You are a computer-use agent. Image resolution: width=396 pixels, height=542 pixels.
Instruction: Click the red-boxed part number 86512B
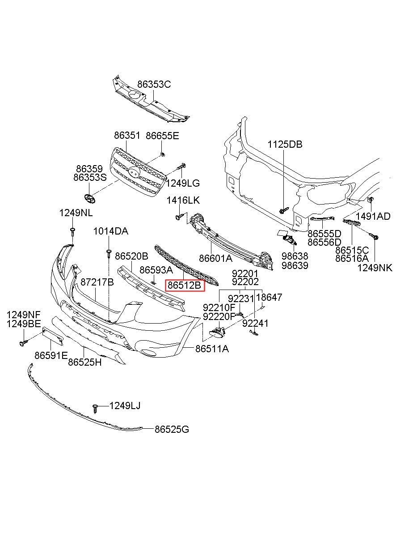185,285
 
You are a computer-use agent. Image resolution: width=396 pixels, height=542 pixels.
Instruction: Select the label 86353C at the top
154,84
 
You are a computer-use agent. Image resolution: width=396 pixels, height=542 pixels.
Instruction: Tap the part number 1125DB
285,145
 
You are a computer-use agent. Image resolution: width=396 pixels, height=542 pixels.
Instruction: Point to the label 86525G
172,430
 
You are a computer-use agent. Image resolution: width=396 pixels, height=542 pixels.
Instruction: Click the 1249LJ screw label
125,406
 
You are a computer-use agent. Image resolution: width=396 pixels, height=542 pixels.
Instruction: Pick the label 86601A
215,258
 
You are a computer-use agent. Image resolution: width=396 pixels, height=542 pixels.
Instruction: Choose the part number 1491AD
374,217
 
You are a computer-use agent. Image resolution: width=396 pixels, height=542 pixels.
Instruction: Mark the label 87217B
97,282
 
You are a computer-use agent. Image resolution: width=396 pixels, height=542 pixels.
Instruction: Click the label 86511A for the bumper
212,348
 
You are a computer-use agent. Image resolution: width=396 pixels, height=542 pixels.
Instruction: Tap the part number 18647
269,298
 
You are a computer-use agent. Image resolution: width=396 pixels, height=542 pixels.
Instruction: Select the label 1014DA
110,231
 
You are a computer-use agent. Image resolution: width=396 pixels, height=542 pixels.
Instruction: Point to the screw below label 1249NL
72,231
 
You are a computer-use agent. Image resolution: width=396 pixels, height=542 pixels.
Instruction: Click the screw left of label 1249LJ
95,407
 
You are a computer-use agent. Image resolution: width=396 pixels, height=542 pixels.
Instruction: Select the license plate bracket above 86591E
53,336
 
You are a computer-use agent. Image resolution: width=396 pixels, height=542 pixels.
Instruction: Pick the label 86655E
162,136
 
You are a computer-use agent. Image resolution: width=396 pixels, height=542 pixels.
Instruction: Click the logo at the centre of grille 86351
133,172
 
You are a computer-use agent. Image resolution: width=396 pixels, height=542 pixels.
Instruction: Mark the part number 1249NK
375,268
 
